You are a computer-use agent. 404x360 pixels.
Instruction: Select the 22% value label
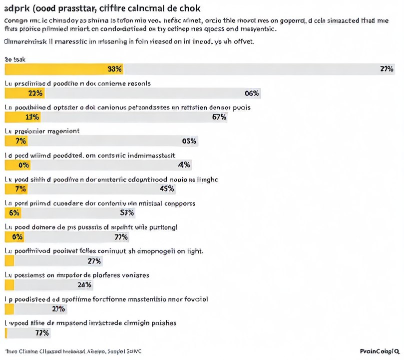36,93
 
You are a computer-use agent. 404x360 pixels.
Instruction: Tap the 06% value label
252,93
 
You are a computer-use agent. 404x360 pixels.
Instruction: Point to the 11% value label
32,117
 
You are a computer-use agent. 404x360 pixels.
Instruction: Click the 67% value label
219,117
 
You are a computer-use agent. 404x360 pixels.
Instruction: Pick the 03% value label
189,141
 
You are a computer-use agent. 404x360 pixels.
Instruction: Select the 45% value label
166,189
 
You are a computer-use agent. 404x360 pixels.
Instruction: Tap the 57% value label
127,213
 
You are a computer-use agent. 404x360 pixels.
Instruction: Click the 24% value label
84,285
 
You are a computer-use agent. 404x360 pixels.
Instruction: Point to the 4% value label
184,165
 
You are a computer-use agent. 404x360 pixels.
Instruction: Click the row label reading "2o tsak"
15,59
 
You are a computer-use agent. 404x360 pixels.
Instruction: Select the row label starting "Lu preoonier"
42,131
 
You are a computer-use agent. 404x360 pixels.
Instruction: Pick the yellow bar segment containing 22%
24,93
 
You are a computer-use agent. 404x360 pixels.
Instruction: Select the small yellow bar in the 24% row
9,285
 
